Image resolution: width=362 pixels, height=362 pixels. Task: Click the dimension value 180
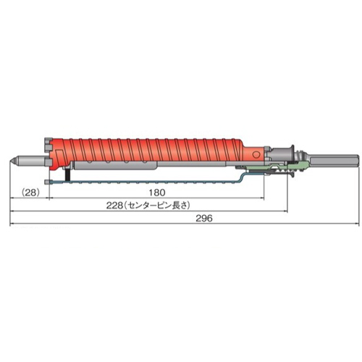157,193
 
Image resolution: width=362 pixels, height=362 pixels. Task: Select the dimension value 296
204,219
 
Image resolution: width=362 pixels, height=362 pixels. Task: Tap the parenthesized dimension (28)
30,193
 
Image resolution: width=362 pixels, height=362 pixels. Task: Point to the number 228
115,206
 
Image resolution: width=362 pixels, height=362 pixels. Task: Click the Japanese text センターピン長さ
157,206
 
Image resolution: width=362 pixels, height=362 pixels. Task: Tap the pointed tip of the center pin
10,161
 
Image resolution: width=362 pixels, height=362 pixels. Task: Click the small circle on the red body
256,154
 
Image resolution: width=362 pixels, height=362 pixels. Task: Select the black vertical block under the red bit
68,174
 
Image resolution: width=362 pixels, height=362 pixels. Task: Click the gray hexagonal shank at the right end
334,160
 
